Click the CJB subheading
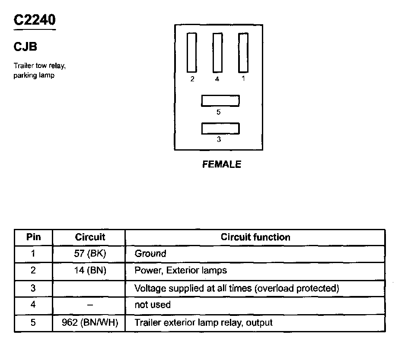[25, 46]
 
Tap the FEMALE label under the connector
[221, 164]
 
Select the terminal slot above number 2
[191, 52]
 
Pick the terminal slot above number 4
[217, 52]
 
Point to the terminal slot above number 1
[243, 52]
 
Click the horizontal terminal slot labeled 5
[220, 101]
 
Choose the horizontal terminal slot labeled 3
[220, 129]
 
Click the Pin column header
[33, 237]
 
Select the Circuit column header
[90, 237]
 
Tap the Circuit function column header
[255, 237]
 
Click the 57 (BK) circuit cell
[90, 254]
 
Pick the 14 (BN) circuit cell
[90, 271]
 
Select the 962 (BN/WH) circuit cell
[90, 323]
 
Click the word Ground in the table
[150, 254]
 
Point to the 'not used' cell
[153, 305]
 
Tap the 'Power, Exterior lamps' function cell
[181, 271]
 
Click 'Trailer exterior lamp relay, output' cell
[204, 323]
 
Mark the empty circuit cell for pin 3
[89, 288]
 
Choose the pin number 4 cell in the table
[33, 305]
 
